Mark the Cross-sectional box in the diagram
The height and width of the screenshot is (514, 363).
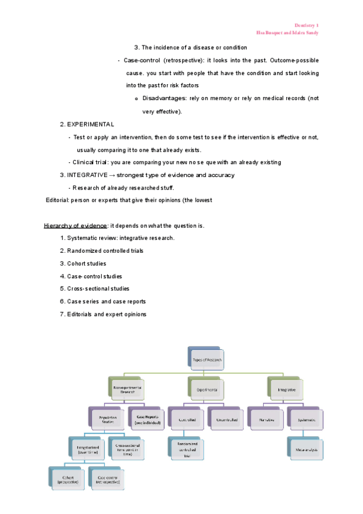pos(126,449)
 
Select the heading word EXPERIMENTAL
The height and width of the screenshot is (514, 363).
pos(90,124)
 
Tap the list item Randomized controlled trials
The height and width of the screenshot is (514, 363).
pos(105,251)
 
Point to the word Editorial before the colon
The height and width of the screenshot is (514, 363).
pos(57,200)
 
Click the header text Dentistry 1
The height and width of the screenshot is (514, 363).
pos(306,25)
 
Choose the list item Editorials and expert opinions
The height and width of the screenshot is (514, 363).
pos(106,314)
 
